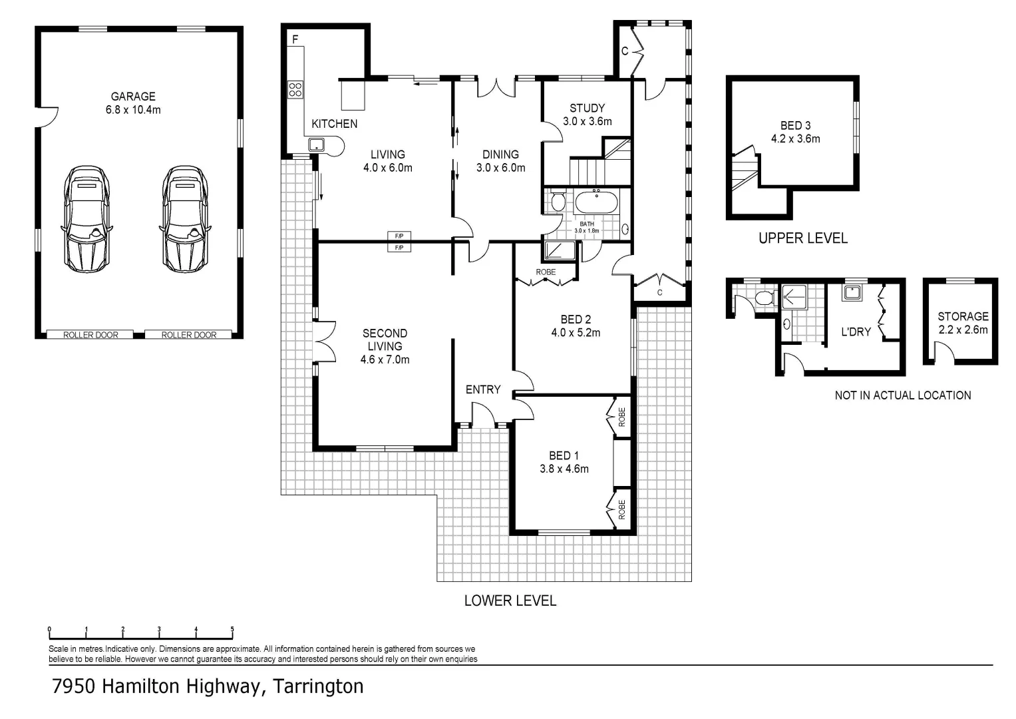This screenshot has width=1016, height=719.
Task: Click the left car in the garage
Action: [x=86, y=219]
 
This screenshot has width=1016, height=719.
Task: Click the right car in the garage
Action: [x=185, y=219]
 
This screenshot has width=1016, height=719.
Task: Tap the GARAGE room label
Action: [x=133, y=97]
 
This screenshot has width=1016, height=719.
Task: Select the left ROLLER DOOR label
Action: [x=90, y=335]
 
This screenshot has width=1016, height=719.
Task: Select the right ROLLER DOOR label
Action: [x=189, y=335]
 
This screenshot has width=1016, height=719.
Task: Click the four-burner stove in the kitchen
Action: [x=295, y=89]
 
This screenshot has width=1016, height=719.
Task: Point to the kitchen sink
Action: [x=316, y=145]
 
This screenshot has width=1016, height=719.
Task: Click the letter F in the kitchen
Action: [x=295, y=39]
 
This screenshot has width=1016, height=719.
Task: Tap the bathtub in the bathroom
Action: [x=596, y=202]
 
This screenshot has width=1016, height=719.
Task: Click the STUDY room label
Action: [x=588, y=108]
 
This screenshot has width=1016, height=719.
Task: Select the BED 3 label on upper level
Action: [x=796, y=125]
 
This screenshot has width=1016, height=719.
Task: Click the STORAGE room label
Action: [x=963, y=316]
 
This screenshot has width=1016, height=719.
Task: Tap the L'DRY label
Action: [x=856, y=332]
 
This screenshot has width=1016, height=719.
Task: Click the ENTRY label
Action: [x=483, y=389]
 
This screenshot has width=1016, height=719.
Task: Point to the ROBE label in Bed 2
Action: [x=546, y=272]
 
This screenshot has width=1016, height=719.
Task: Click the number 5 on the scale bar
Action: [x=232, y=629]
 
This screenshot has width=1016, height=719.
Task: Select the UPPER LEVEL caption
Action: [x=803, y=238]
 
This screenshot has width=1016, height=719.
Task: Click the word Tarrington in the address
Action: [x=319, y=686]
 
